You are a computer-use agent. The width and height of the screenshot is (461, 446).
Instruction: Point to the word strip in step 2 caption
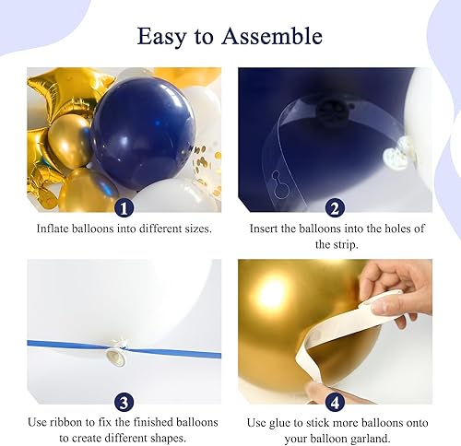[x=335, y=245]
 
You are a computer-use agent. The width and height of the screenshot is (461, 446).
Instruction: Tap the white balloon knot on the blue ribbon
[x=116, y=349]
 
